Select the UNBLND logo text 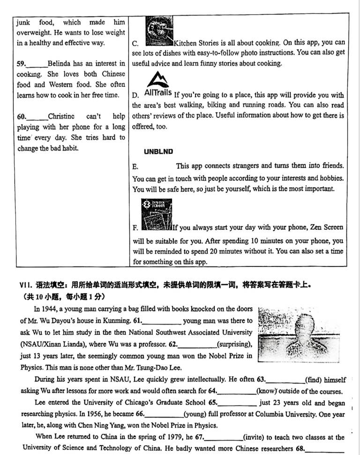(x=158, y=152)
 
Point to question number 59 (x=22, y=63)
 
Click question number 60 (x=22, y=116)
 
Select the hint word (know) (x=269, y=390)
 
